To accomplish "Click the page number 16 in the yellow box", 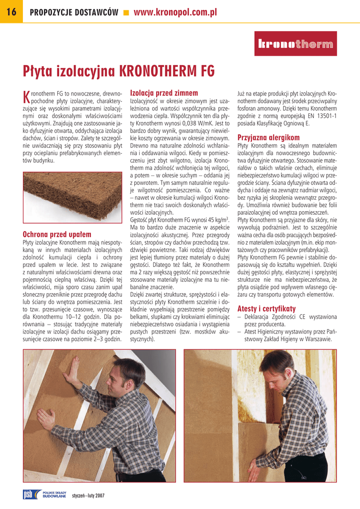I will pos(11,12).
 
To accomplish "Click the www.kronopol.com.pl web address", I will pos(176,12).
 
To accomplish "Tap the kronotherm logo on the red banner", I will pos(295,45).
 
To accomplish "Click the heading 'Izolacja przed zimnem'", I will pos(164,93).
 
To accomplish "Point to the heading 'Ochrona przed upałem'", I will pos(57,234).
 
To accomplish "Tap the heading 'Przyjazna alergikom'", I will pos(269,137).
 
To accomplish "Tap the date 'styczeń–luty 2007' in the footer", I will pos(88,496).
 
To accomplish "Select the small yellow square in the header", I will pos(126,13).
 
